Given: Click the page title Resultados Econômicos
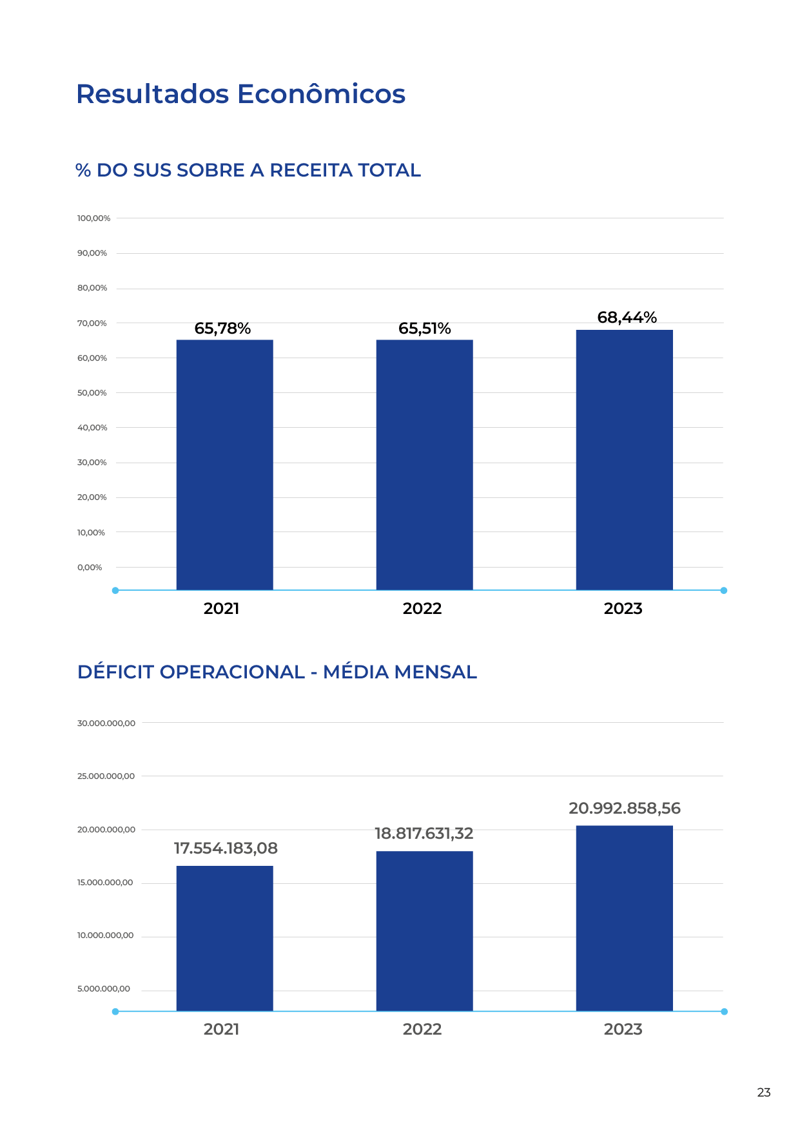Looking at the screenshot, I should point(240,94).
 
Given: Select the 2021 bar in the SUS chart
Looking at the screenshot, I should point(224,464).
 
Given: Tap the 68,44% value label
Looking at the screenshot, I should point(627,318).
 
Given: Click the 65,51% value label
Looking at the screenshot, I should point(424,329).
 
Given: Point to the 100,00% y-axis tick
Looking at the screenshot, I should point(93,218).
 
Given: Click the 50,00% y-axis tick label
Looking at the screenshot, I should point(92,393).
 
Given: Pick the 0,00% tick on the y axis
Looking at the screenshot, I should point(90,568).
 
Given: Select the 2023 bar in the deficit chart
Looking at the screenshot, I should point(624,918).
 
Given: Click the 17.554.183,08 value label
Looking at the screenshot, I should point(226,848).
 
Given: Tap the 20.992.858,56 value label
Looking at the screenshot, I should point(624,809).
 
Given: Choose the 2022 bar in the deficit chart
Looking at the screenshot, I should point(424,931).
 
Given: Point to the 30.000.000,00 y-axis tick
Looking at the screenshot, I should point(106,723).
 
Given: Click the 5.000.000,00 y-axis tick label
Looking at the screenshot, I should point(103,989).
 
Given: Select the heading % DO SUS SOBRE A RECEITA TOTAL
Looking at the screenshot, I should point(248,170).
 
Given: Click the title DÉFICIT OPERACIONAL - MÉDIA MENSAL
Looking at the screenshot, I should point(277,672).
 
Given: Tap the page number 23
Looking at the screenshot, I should point(763,1093).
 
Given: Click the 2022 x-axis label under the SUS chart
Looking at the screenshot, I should point(422,609).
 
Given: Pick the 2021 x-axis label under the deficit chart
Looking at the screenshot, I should point(221,1029).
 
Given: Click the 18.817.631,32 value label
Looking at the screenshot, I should point(424,834).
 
